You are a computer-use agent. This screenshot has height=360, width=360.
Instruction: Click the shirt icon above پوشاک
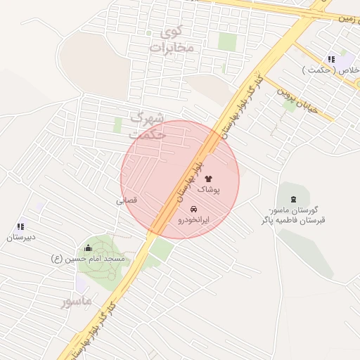pos(208,179)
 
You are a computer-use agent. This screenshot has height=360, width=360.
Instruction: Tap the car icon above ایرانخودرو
pos(194,210)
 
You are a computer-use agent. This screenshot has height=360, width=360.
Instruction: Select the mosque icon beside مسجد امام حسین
pos(88,247)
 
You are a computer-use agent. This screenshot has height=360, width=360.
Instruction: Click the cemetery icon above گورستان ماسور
pos(293,200)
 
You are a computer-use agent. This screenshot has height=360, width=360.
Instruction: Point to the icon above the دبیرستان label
pos(20,226)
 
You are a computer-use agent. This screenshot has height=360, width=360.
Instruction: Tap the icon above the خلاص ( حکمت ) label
pos(331,59)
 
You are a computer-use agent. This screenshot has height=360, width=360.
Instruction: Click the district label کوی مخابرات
pos(172,39)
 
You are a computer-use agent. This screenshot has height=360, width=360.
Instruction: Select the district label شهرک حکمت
pos(148,124)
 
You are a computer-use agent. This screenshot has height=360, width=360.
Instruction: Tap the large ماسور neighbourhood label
pos(76,301)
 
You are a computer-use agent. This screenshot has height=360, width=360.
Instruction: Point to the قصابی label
pos(127,200)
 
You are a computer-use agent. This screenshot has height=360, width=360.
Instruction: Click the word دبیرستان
pos(21,238)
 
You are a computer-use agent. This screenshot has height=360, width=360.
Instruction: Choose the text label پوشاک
pos(208,190)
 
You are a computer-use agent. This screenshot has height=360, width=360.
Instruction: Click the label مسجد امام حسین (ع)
pos(87,259)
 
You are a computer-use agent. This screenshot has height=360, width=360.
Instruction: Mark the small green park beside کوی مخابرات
pos(227,41)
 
